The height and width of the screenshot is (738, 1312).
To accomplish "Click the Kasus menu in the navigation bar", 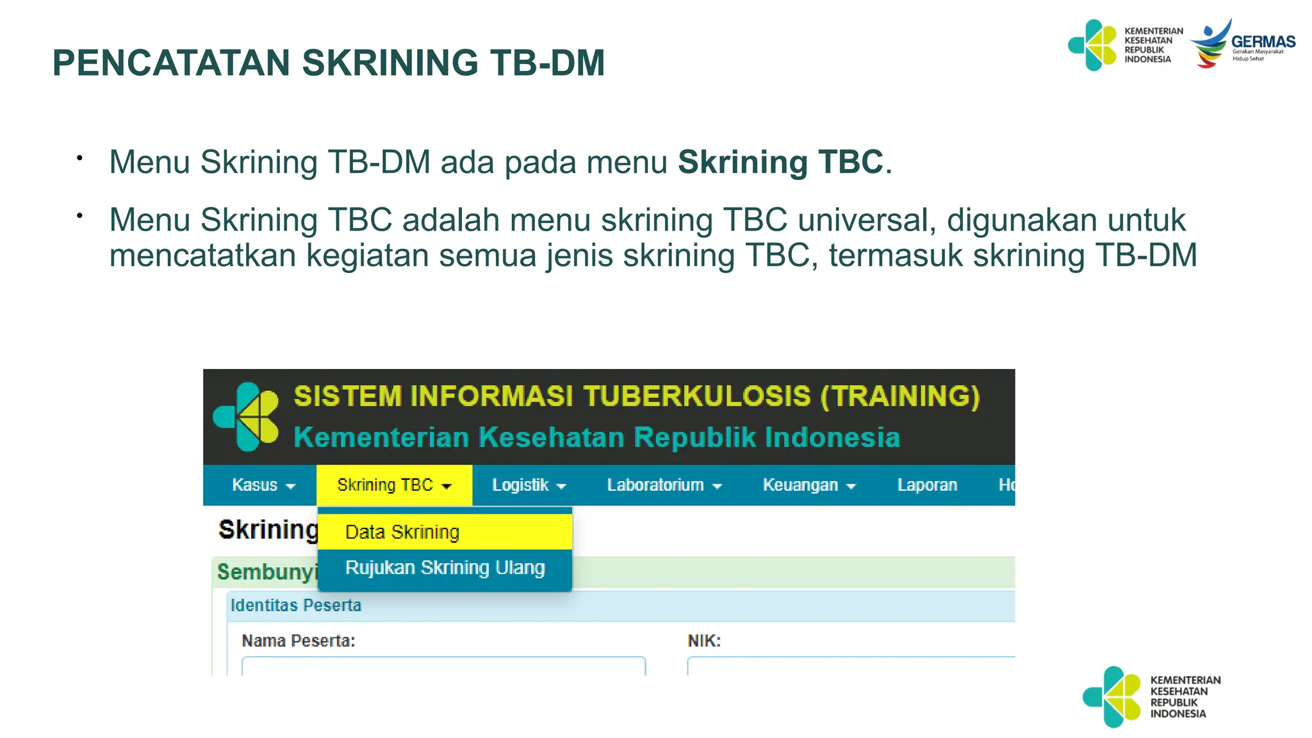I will click(x=263, y=486).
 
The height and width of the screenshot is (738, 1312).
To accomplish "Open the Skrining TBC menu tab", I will click(x=394, y=486).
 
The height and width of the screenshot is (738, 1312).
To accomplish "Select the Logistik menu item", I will click(x=529, y=486).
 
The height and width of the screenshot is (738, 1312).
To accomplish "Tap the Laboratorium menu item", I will click(x=664, y=486).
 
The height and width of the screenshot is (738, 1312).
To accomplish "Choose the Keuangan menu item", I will click(x=808, y=486).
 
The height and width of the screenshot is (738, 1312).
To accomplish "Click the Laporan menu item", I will click(x=927, y=486).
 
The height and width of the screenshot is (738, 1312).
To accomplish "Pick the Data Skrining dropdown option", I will click(x=402, y=532).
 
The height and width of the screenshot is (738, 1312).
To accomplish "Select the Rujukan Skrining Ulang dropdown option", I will click(x=445, y=568).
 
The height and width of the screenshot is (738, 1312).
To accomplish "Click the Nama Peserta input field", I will click(x=443, y=666).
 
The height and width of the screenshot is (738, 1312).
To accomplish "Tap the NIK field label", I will click(x=704, y=641).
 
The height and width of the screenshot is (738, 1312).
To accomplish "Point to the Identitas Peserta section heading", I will click(x=296, y=605).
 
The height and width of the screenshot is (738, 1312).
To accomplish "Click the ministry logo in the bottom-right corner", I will click(x=1151, y=697).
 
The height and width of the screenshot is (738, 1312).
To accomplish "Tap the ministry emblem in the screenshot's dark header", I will click(x=247, y=416).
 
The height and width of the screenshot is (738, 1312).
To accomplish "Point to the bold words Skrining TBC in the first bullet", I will click(x=780, y=162).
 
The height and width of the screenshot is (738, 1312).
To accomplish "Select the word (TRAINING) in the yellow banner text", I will click(x=900, y=397).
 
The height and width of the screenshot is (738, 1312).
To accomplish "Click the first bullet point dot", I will click(x=79, y=158).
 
